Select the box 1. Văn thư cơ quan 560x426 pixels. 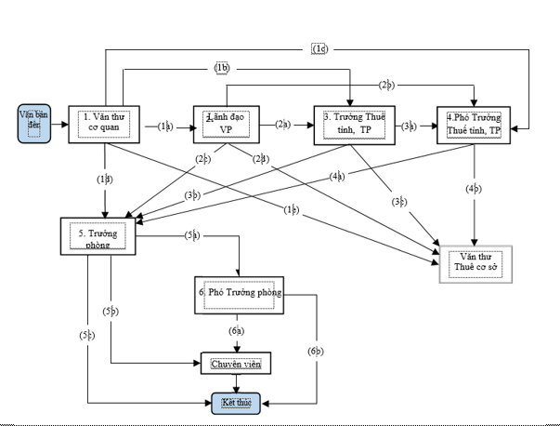click(103, 124)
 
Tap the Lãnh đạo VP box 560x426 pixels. click(223, 124)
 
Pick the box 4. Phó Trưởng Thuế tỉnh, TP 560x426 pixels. click(474, 124)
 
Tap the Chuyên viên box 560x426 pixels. click(237, 363)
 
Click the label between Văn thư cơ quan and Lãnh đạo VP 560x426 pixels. click(164, 124)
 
